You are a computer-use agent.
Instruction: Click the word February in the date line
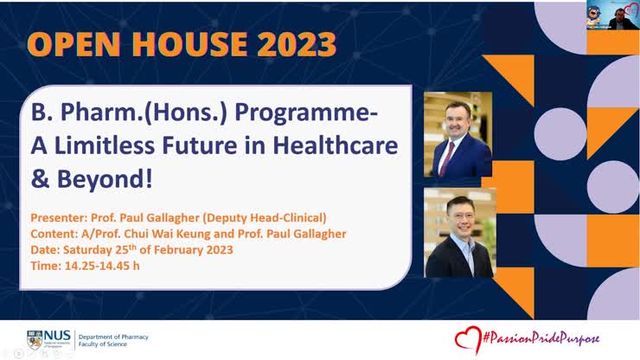point(166,250)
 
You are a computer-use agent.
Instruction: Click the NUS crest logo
point(35,338)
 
